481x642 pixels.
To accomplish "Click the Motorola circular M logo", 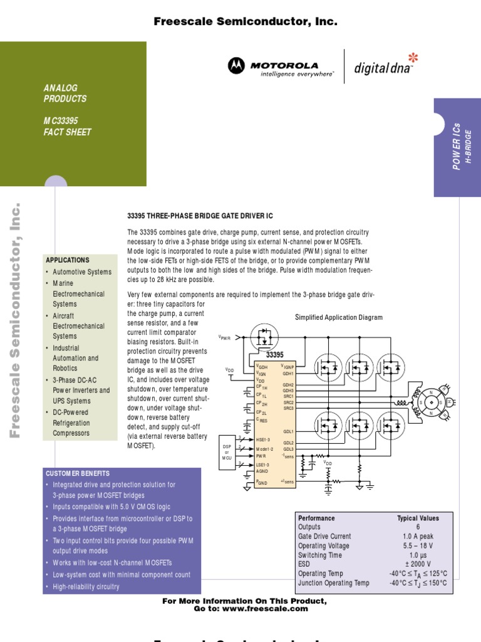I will pos(236,65).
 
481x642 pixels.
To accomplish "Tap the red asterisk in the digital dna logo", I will pos(412,58).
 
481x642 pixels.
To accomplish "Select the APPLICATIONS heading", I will pos(67,260).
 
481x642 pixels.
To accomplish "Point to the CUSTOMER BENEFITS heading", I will pos(78,474).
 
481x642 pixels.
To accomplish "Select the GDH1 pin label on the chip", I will pos(288,373).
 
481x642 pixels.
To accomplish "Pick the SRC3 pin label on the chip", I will pos(288,408).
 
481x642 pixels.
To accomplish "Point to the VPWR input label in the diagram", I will pos(224,337).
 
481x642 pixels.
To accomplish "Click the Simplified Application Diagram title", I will pos(338,317).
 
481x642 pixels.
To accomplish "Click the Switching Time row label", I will pos(320,555).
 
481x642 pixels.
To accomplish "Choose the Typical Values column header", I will pos(418,518).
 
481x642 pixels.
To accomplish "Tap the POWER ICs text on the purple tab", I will pos(457,145).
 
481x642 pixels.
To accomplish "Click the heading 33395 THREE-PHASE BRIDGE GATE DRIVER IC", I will pos(200,216).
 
